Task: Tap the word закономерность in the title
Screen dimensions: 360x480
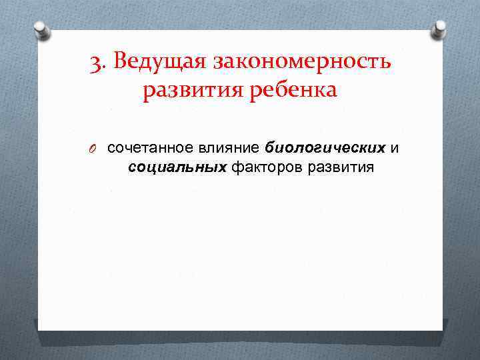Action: point(302,62)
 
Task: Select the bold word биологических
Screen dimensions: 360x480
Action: point(325,147)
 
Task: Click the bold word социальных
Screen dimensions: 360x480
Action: point(177,167)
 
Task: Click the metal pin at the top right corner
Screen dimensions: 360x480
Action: point(439,28)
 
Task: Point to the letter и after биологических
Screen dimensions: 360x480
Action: point(395,147)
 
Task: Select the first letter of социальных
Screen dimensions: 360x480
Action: point(132,167)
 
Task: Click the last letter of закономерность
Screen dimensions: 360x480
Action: point(385,63)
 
